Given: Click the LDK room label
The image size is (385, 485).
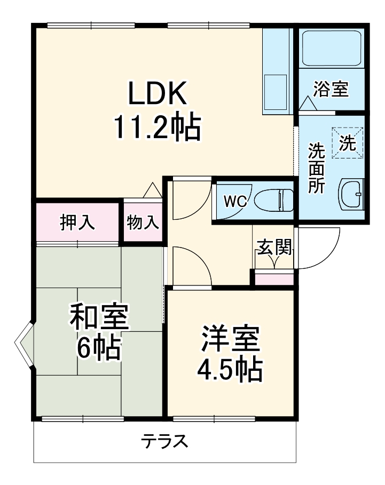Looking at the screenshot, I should coord(157,94).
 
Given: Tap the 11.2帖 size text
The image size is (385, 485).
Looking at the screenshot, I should coord(157,127).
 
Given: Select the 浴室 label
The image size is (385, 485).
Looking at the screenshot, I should coord(331,89).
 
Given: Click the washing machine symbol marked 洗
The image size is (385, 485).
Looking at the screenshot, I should coord(348,143).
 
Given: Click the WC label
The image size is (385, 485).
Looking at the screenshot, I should coord(234,201).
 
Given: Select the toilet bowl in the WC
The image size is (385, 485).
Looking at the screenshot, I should coord(272,201).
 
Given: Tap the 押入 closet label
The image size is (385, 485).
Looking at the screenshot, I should coord(77,221).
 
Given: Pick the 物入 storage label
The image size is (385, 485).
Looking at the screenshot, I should coord(143,222).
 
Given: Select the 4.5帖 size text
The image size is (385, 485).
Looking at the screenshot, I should coord(231,369).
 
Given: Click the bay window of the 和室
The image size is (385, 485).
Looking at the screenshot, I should coord(25,346).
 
